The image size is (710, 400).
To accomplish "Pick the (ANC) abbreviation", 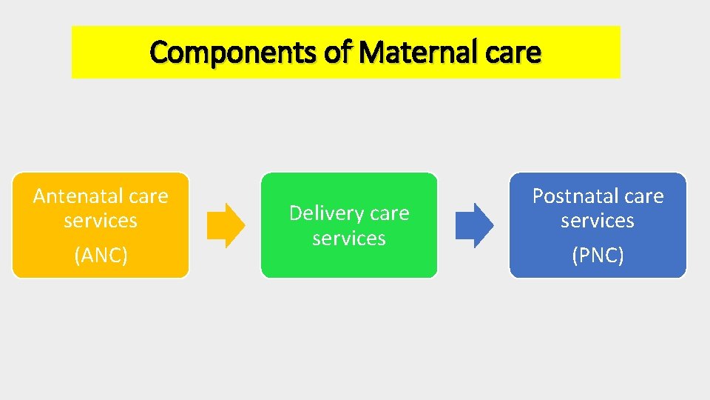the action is click(x=101, y=256).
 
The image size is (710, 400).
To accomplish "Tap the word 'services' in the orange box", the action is click(x=101, y=221).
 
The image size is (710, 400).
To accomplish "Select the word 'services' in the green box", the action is click(x=349, y=239).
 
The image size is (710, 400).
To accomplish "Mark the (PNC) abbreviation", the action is click(x=598, y=256).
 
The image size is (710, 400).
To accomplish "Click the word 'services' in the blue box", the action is click(x=598, y=221).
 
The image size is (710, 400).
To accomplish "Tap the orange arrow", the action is click(x=225, y=225).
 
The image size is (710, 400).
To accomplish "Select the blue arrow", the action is click(x=473, y=225).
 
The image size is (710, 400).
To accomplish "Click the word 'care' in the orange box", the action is click(x=149, y=196).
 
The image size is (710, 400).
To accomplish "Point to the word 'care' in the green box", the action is click(x=390, y=213).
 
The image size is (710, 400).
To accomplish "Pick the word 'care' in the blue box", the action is click(x=644, y=196).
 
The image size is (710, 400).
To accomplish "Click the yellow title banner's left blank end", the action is click(x=107, y=52).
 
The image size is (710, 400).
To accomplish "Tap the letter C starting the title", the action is click(x=158, y=53).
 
